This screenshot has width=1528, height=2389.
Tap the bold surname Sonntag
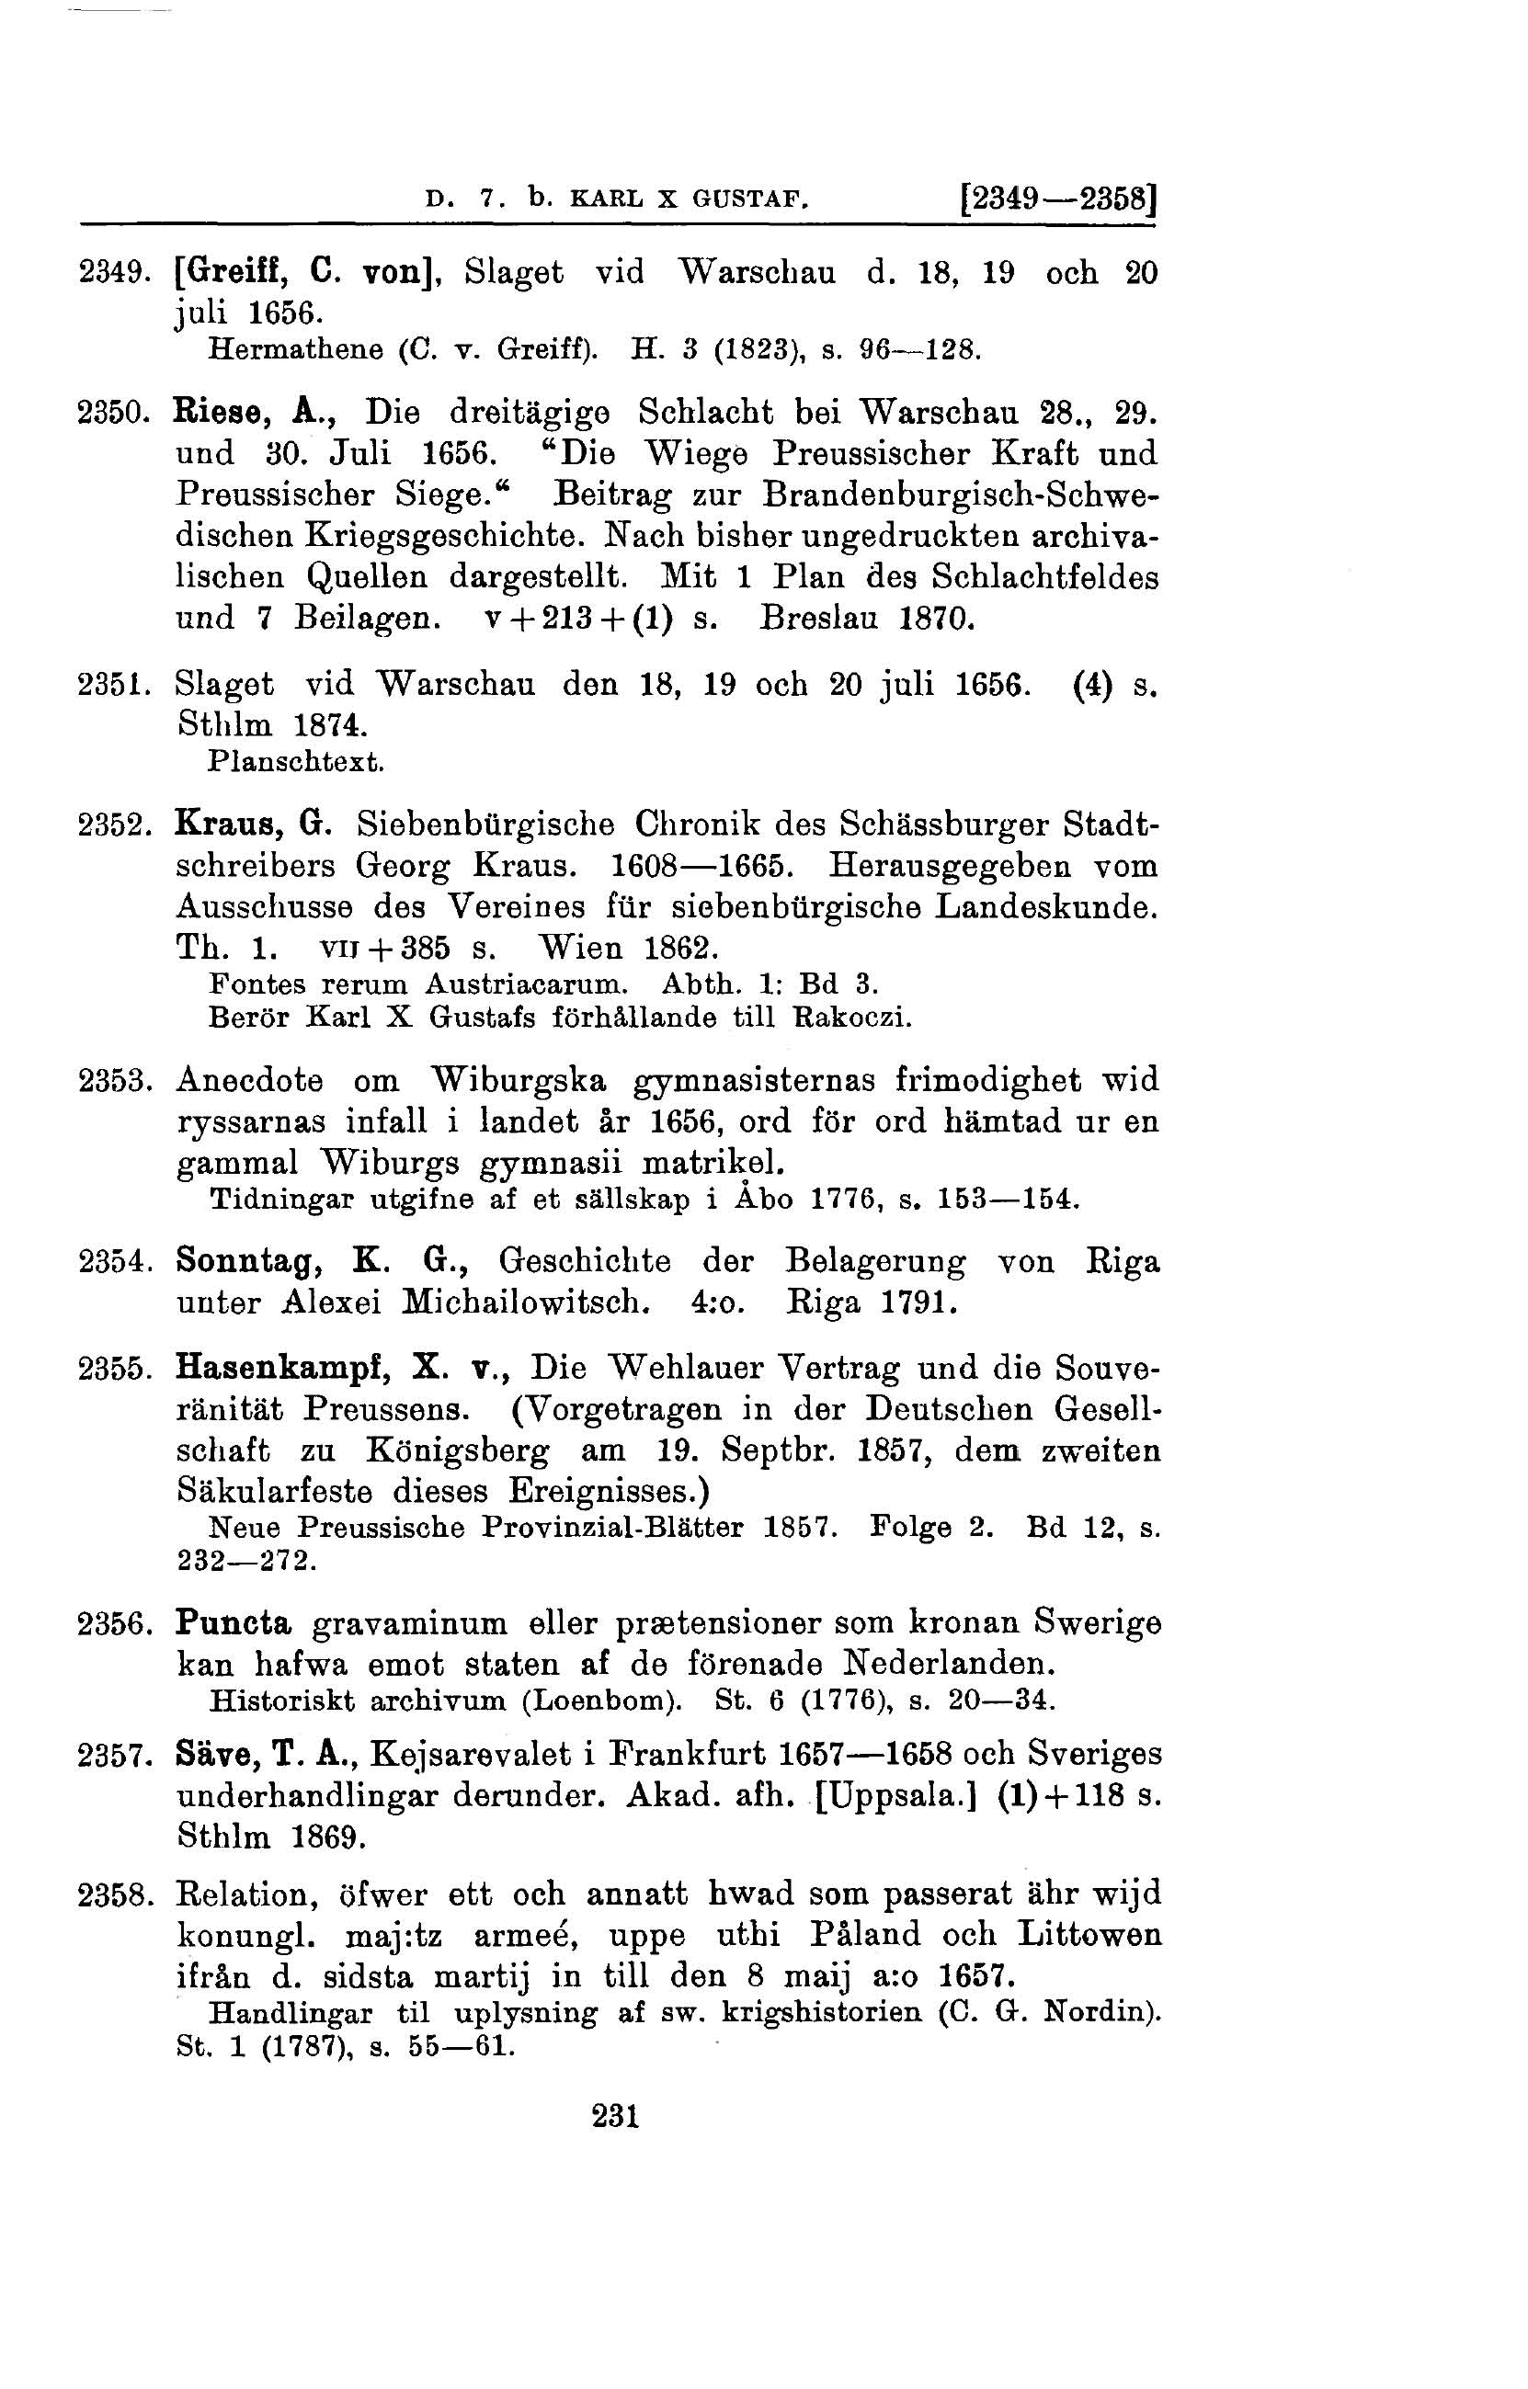(x=252, y=1262)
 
